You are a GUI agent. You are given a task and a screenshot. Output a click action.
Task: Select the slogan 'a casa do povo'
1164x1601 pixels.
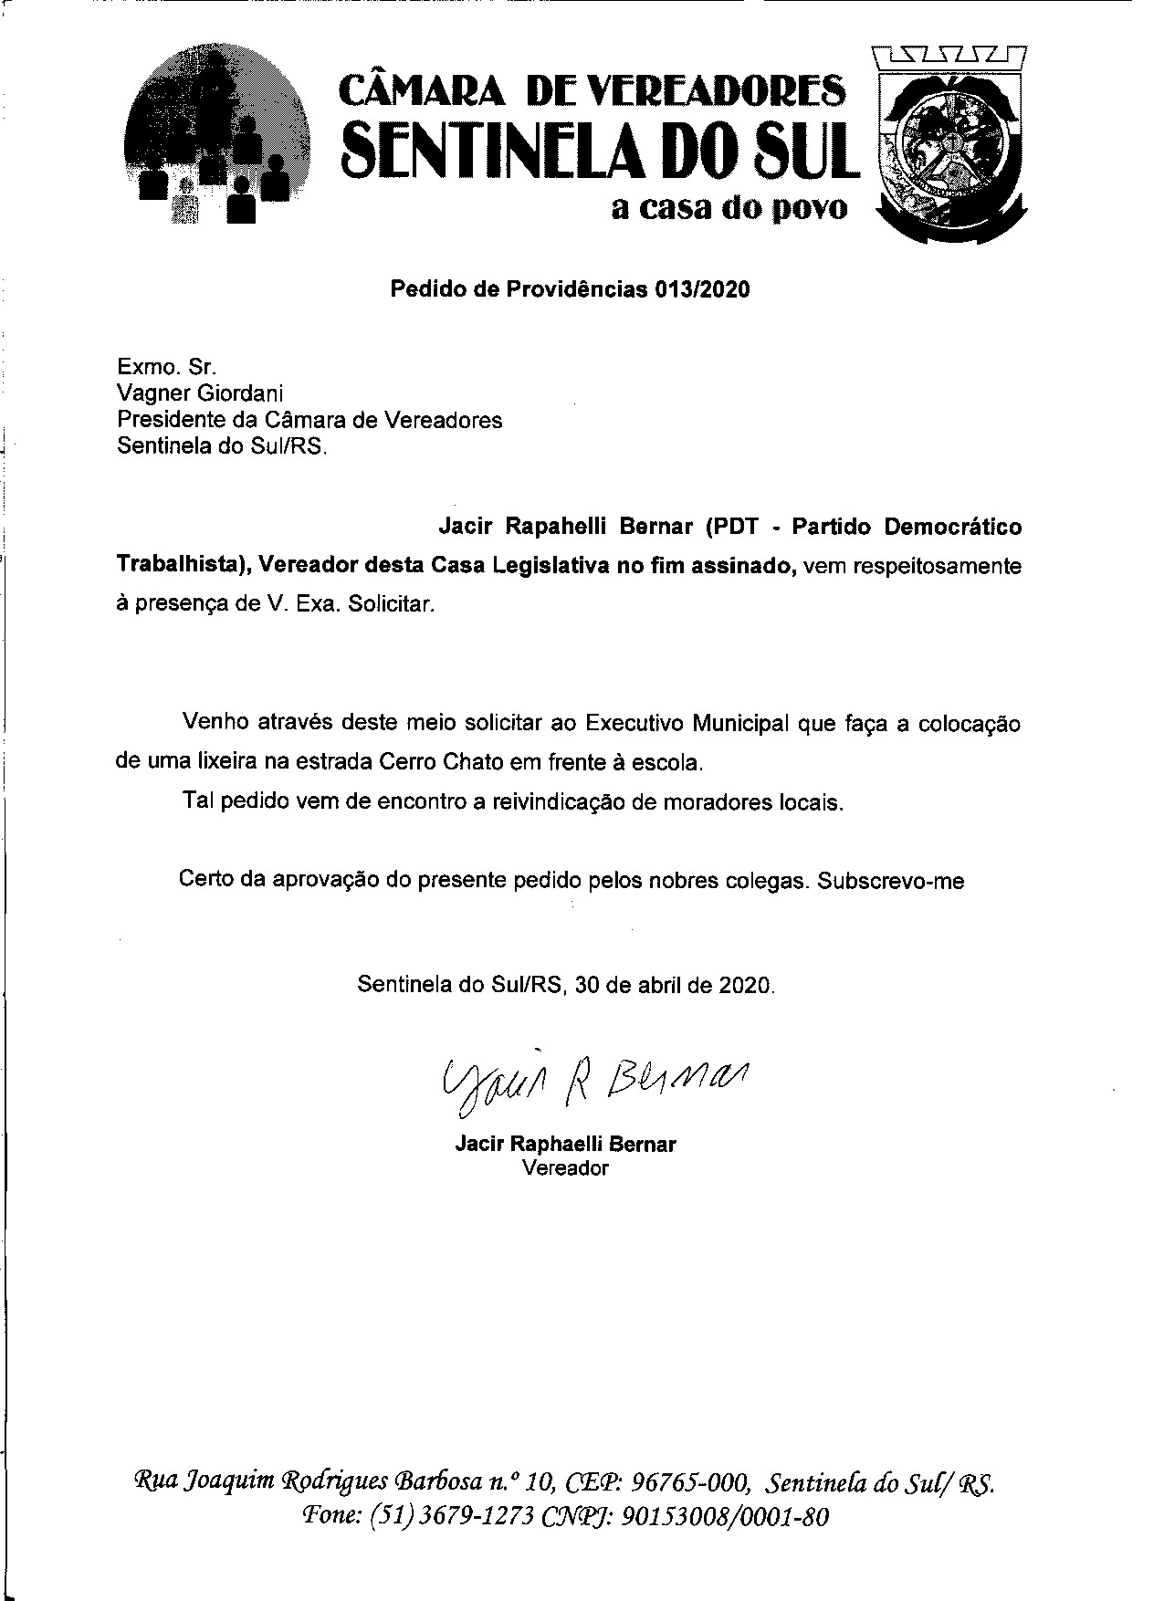pyautogui.click(x=729, y=209)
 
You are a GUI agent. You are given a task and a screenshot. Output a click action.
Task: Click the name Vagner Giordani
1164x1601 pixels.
pyautogui.click(x=200, y=393)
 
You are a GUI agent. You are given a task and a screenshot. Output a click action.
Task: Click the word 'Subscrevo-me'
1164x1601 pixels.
pyautogui.click(x=891, y=881)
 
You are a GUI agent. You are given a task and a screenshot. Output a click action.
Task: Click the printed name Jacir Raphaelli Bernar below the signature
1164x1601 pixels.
pyautogui.click(x=565, y=1145)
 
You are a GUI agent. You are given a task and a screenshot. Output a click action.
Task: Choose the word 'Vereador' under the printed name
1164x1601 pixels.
pyautogui.click(x=565, y=1167)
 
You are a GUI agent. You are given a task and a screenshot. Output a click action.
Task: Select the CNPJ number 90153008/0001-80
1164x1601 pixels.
pyautogui.click(x=725, y=1517)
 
